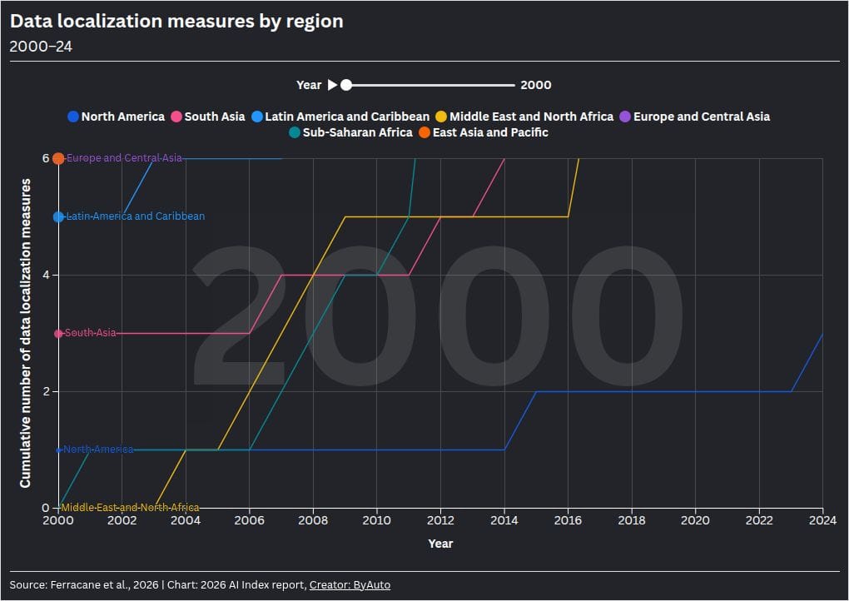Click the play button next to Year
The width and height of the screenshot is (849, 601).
[332, 85]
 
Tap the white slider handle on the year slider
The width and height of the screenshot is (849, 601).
[346, 85]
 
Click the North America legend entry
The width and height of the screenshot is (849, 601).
[116, 117]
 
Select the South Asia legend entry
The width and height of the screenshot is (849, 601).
[208, 117]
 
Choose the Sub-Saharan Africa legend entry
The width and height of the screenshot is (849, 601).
[350, 132]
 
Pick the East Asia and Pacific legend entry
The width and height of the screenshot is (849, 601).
[484, 132]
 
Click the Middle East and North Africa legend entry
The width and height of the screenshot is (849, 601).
[524, 117]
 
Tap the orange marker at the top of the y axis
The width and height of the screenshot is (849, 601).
[58, 159]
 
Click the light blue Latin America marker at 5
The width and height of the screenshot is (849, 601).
[58, 216]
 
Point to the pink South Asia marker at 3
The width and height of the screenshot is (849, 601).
[58, 334]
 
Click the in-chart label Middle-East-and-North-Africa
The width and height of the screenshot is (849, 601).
[130, 508]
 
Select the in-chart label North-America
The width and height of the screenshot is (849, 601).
[98, 450]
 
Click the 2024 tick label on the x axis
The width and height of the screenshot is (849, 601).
[822, 520]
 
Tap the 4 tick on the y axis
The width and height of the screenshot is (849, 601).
[46, 275]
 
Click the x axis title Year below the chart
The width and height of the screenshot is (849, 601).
[440, 544]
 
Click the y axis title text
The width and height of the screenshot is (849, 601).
[25, 333]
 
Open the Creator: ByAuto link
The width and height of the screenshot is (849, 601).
[350, 584]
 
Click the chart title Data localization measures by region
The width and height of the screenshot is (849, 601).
[176, 21]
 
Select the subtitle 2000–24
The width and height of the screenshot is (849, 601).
[41, 47]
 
